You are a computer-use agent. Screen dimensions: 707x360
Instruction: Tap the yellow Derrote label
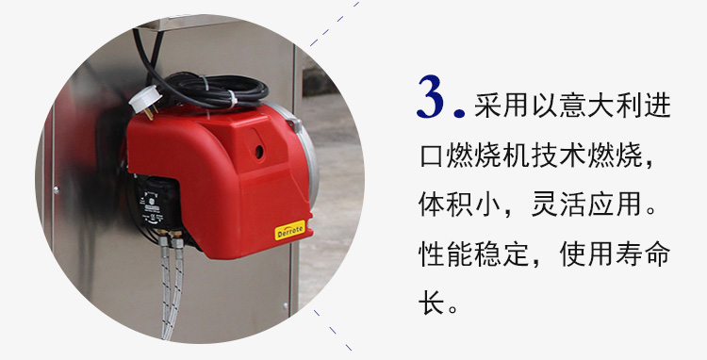(x=290, y=230)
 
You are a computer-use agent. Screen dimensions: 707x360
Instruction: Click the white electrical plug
(x=145, y=101)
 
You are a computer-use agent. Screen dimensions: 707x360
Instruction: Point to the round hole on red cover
(x=259, y=152)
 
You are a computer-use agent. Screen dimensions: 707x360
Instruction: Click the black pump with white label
(x=156, y=205)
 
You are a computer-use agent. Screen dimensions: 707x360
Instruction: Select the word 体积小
(x=459, y=205)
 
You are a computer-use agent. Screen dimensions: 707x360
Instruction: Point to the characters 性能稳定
(x=474, y=254)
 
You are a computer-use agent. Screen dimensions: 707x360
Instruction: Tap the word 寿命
(x=643, y=254)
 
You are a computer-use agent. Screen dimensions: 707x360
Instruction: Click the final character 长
(x=432, y=303)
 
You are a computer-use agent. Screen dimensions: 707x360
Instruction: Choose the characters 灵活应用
(x=586, y=205)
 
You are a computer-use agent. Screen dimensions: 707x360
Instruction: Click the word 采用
(x=501, y=106)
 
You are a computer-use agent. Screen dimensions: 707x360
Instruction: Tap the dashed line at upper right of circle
(x=335, y=24)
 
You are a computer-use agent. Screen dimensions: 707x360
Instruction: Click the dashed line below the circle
(x=333, y=330)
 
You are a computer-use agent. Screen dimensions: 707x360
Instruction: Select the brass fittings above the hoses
(x=170, y=237)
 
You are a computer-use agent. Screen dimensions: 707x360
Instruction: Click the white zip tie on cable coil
(x=232, y=99)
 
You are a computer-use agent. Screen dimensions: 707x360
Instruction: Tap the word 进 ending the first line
(x=657, y=106)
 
